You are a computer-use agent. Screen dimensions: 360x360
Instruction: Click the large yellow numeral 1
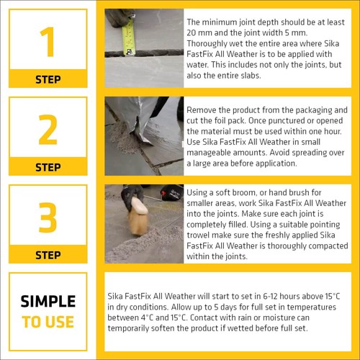(x=48, y=44)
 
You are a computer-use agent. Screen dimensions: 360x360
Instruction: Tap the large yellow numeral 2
(x=48, y=130)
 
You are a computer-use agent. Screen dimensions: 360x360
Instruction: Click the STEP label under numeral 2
(x=48, y=167)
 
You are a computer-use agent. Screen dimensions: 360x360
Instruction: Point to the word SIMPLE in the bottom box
(x=48, y=302)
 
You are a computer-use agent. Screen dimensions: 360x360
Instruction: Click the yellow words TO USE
(x=48, y=321)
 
